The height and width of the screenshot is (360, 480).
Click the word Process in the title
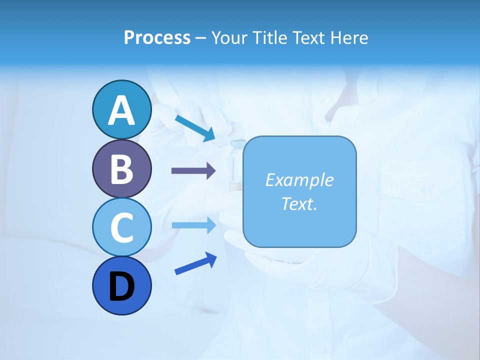pyautogui.click(x=157, y=38)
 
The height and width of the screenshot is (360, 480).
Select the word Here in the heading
pyautogui.click(x=349, y=38)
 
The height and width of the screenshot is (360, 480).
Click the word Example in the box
pyautogui.click(x=299, y=180)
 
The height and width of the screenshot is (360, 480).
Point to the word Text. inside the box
pyautogui.click(x=299, y=203)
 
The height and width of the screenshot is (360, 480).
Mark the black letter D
pyautogui.click(x=121, y=287)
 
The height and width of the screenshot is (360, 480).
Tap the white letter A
pyautogui.click(x=121, y=110)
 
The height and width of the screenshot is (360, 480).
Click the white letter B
pyautogui.click(x=121, y=169)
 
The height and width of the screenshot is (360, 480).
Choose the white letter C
pyautogui.click(x=121, y=228)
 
